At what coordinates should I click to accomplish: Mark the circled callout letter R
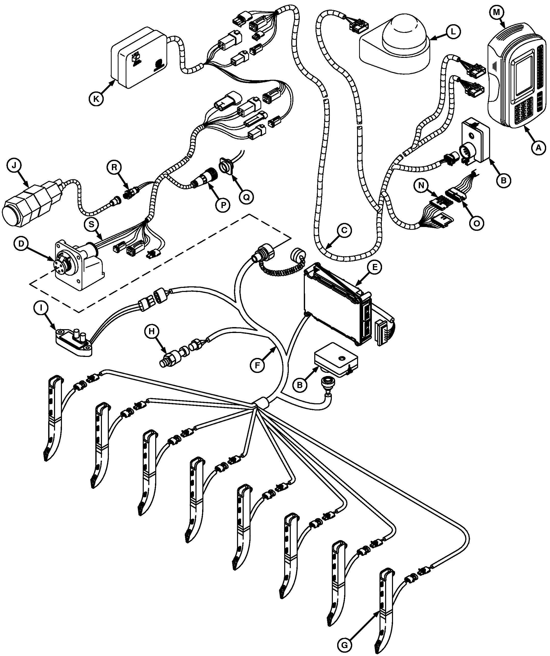(x=114, y=167)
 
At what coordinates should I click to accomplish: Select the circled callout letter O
(x=476, y=223)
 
